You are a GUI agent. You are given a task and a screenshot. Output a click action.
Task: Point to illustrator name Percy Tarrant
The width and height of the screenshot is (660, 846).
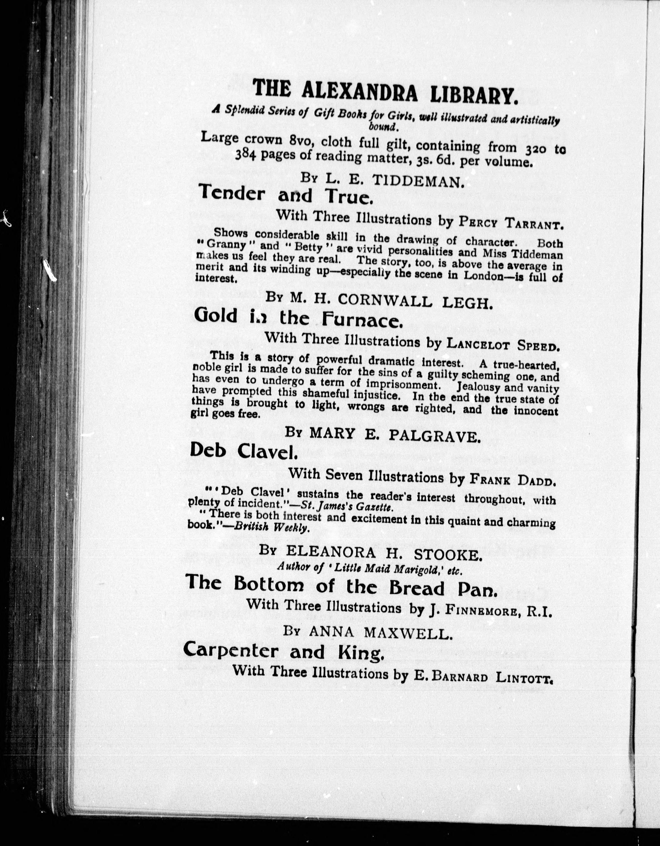click(511, 222)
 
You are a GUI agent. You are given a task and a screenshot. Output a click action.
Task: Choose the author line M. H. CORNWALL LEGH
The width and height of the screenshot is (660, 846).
click(391, 301)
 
